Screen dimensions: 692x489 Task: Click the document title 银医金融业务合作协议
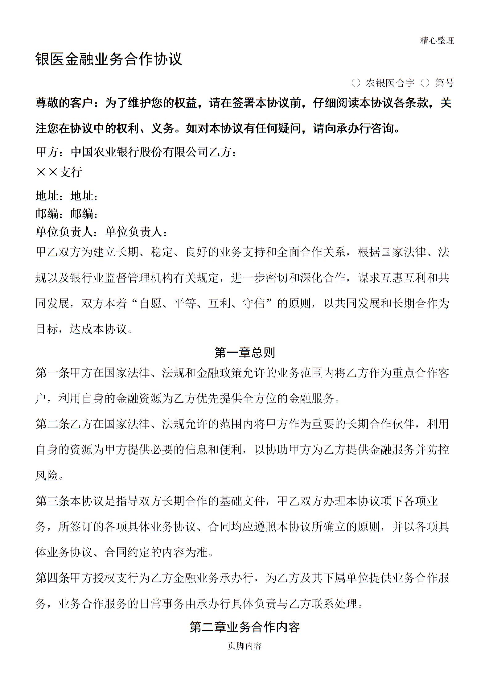109,59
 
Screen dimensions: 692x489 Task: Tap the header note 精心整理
437,40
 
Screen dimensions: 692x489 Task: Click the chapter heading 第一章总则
244,353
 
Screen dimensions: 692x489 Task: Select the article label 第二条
53,424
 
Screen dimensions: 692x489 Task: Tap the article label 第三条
53,501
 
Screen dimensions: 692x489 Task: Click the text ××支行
59,172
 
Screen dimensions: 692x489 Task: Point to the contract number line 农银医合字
390,83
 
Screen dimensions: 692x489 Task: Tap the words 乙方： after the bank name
224,152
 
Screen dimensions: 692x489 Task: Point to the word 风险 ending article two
47,476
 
